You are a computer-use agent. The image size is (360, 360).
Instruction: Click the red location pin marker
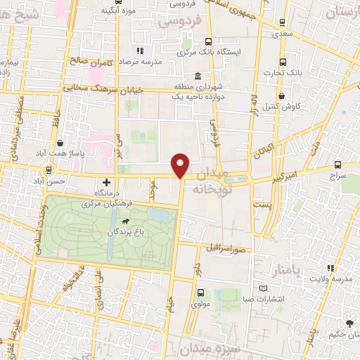tap(181, 165)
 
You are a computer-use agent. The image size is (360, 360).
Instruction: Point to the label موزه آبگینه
tap(118, 11)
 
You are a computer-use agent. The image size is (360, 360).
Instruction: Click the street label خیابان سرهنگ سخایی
tap(108, 89)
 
